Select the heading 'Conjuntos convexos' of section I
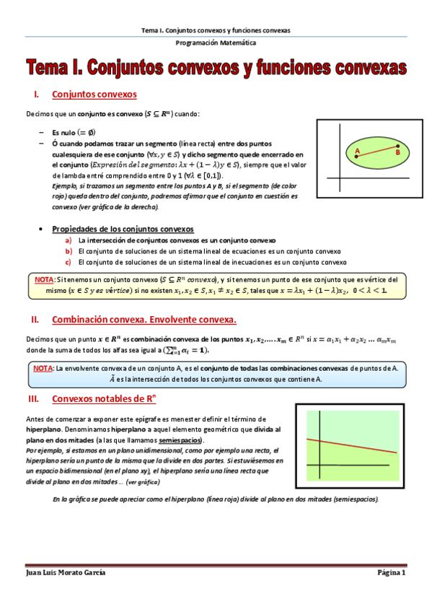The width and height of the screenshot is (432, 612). click(x=94, y=95)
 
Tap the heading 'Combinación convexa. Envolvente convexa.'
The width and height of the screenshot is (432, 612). click(x=144, y=319)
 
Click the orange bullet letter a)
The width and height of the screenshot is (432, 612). click(x=69, y=240)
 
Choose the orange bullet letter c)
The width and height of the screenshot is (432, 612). click(x=69, y=262)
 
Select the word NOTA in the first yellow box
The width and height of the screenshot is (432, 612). click(x=44, y=279)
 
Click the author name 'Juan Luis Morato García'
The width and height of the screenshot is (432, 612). click(x=66, y=572)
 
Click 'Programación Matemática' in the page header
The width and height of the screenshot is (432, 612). click(x=216, y=44)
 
